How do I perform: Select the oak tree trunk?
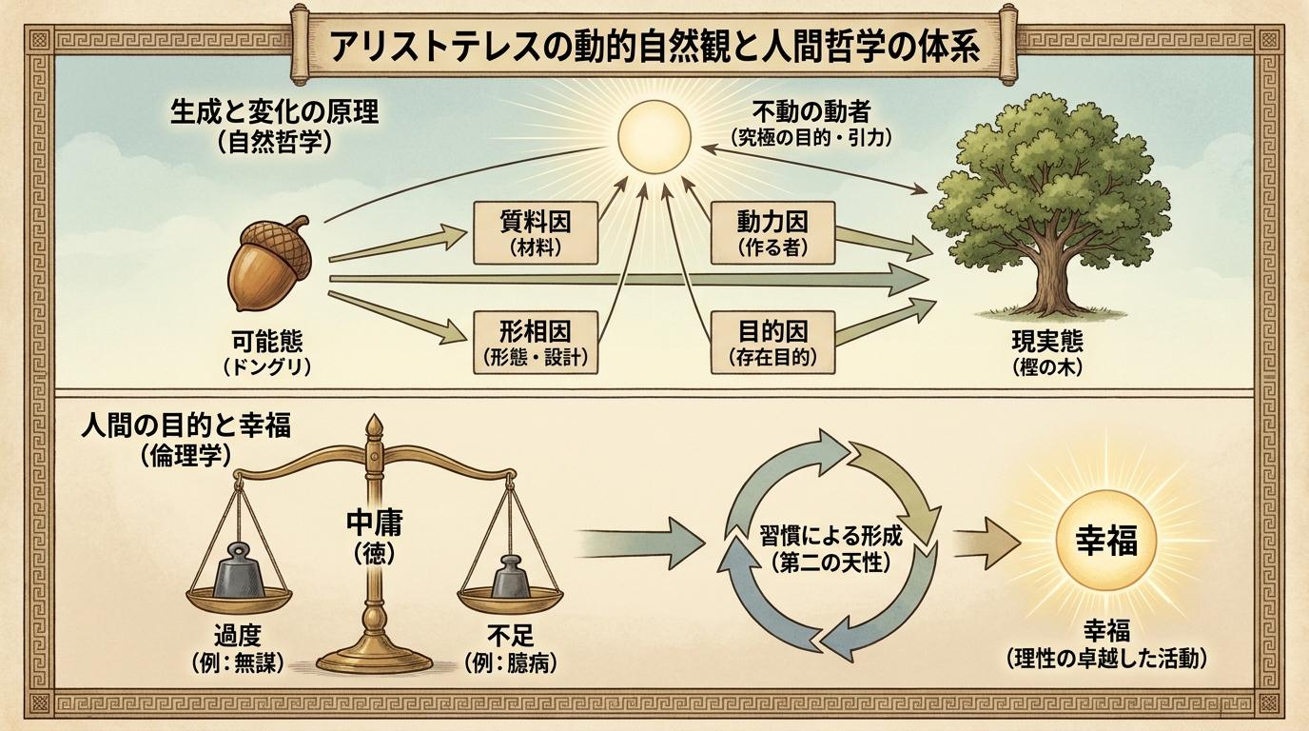(1049, 275)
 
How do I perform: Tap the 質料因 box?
(536, 233)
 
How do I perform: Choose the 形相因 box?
(536, 342)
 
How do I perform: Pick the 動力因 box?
(772, 233)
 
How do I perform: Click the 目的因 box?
(772, 342)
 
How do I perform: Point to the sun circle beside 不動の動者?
(654, 137)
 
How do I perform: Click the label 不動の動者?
(811, 111)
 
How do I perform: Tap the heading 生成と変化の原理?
(274, 111)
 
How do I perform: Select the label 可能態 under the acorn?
(267, 342)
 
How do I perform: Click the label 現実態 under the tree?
(1047, 342)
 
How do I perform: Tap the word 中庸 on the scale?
(374, 523)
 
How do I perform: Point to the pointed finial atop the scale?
(374, 426)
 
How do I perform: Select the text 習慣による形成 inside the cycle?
(831, 536)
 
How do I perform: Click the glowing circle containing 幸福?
(1106, 541)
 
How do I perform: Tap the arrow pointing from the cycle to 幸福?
(987, 543)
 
